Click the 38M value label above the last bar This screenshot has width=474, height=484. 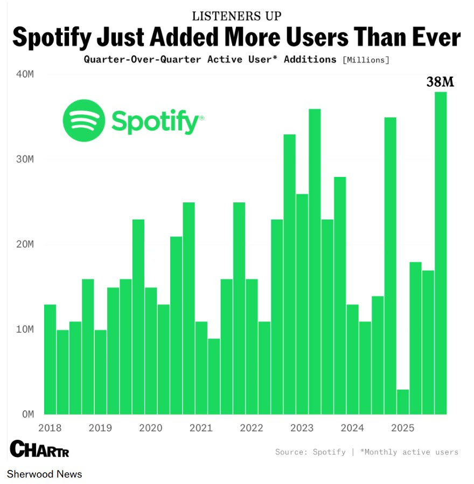click(x=440, y=83)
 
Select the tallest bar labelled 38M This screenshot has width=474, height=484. click(x=441, y=254)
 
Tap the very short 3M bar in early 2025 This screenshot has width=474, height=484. click(x=403, y=401)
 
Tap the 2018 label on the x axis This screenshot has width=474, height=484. click(x=50, y=428)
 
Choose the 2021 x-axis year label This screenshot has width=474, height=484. click(x=201, y=428)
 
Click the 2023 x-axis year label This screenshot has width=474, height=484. click(x=302, y=428)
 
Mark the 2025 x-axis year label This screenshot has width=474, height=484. click(x=402, y=428)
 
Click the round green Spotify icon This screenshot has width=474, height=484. click(x=83, y=120)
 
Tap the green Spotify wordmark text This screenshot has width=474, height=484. click(x=157, y=121)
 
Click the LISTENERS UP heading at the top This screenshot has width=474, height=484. click(x=236, y=16)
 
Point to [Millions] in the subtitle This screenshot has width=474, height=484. click(x=366, y=60)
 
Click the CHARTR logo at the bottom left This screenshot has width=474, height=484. click(x=39, y=449)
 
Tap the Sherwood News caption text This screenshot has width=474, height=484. click(x=44, y=474)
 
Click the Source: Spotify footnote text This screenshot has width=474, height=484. click(x=310, y=452)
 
